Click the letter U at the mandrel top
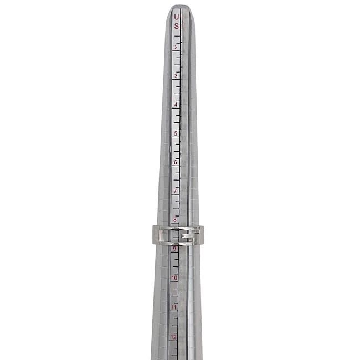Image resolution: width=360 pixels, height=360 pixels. coord(176,17)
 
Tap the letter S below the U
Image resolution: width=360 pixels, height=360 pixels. coord(176,26)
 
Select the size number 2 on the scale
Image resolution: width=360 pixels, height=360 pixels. coord(176,47)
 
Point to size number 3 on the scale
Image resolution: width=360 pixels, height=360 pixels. coord(176,76)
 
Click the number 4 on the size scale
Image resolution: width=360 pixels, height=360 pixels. coord(176,105)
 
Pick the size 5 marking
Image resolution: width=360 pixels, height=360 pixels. coord(176,133)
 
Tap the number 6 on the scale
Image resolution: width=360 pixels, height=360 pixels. coord(176,162)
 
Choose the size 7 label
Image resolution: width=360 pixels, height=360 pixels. coord(176,191)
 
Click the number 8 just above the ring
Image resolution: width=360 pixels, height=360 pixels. coord(175,220)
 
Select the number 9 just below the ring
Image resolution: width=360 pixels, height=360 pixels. coord(174,249)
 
